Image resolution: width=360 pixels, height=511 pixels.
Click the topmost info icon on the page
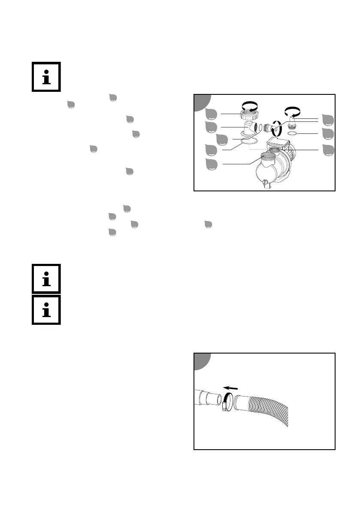tap(46, 77)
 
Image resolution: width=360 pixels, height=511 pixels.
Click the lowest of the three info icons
tap(46, 310)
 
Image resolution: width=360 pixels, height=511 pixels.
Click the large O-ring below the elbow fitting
tap(249, 141)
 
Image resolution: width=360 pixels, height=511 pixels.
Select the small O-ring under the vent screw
tap(292, 134)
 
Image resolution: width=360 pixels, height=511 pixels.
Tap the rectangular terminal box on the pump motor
tap(280, 142)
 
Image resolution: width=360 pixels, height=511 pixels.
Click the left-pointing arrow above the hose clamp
tap(231, 389)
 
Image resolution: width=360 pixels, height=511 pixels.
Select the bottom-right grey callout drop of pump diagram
tap(328, 151)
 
